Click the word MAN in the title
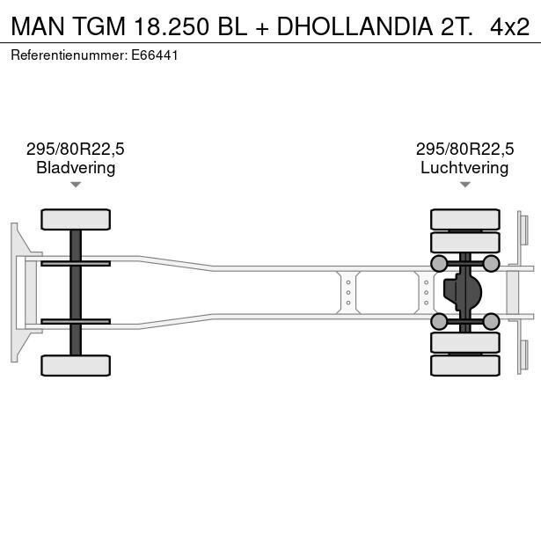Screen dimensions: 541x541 [38, 26]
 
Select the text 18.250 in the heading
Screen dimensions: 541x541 [172, 26]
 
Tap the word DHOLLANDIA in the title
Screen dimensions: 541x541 [355, 26]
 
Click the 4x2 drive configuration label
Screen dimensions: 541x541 [509, 26]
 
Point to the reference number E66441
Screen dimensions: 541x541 [155, 55]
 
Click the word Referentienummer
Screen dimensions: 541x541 [69, 55]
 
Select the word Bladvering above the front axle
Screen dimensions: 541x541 [76, 168]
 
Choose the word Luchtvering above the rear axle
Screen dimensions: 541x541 [464, 168]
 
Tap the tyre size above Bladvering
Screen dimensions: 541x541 [76, 150]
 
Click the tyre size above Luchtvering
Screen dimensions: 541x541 [464, 150]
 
